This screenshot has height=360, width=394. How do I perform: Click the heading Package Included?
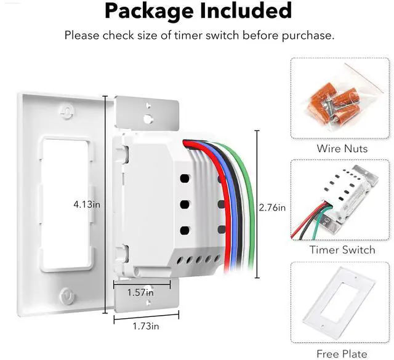coord(197,11)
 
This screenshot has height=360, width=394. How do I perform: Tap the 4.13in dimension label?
coord(87,204)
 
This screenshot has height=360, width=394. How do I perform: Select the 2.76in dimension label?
coord(273,207)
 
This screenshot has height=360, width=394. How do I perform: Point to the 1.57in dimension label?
coord(140,293)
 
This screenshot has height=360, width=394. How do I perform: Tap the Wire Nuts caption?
coord(342,148)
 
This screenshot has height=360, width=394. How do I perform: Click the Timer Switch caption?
coord(342,250)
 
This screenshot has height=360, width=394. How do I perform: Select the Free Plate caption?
coord(342,354)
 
